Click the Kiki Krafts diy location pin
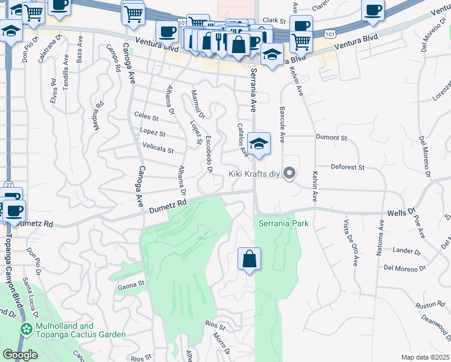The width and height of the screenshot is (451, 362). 289,174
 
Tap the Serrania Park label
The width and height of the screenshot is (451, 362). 283,223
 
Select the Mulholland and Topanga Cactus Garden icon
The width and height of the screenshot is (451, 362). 26,329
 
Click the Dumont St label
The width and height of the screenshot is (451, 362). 332,138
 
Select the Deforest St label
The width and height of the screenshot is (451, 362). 348,167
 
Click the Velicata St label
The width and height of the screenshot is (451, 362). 158,148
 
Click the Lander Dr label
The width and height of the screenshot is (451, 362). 406,251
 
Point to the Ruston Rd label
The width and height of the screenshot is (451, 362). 429,305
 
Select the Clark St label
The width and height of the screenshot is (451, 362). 273,20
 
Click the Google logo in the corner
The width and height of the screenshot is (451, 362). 20,355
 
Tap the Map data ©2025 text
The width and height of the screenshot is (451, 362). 424,357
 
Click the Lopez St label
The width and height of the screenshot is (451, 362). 153,133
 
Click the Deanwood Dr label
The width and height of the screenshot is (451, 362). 435,324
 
